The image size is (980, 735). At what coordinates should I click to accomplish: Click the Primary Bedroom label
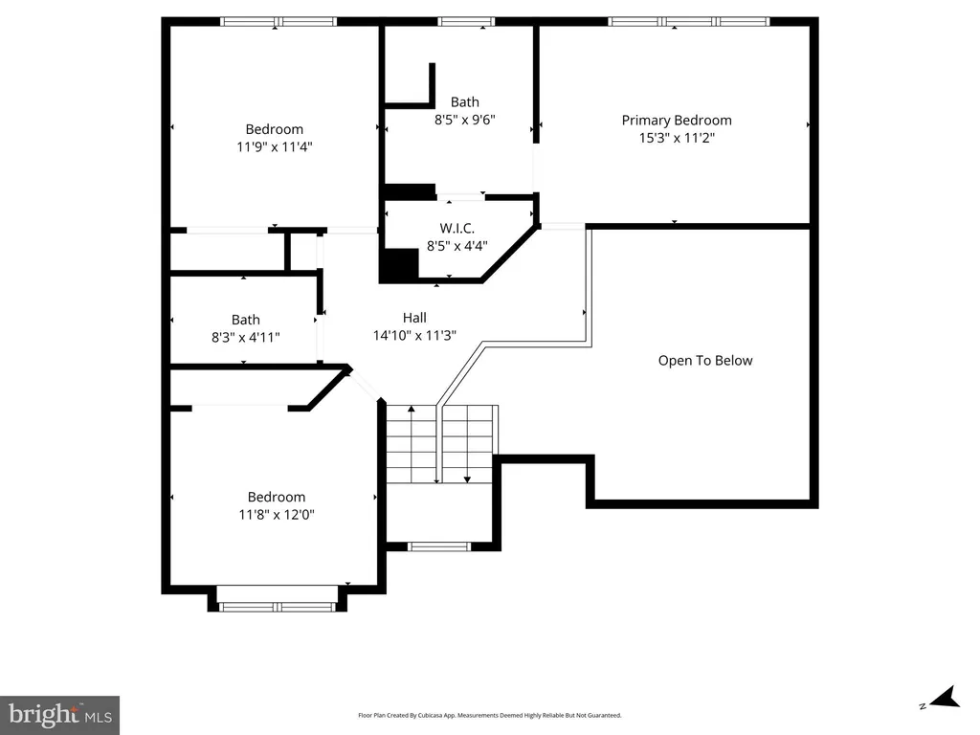677,120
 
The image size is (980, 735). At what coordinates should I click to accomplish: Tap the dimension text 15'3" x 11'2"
677,138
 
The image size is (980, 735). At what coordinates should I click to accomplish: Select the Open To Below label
705,361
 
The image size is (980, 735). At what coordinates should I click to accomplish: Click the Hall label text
414,318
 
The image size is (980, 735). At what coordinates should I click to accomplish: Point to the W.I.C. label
457,228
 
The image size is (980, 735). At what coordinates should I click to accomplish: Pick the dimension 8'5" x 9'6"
464,120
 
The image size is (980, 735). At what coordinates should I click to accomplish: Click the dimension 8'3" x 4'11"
245,338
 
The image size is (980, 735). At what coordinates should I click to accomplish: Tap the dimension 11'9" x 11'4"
274,146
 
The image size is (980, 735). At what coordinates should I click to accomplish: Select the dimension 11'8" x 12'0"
276,514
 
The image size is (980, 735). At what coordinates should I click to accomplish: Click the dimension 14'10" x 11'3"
414,335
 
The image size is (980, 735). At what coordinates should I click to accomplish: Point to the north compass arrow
945,698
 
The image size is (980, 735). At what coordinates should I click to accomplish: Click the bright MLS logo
59,715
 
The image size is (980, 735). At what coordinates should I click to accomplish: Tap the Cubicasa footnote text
489,715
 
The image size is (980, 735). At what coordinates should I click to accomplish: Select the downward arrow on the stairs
467,444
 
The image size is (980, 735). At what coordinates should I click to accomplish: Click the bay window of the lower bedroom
277,606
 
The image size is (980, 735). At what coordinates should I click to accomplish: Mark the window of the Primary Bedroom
689,22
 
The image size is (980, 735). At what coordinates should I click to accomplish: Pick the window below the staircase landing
438,546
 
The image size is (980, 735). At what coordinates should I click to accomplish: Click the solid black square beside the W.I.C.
399,266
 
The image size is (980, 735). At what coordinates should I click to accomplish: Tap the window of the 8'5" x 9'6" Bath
466,22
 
